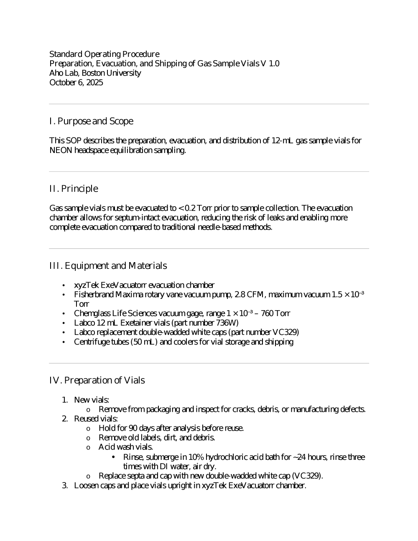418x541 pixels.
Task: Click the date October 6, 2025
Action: click(x=76, y=82)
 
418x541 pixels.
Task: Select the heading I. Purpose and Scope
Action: click(x=91, y=121)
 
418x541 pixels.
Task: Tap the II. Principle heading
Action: click(x=74, y=189)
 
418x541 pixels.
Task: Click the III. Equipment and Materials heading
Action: click(x=108, y=266)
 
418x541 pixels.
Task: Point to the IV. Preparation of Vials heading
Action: click(x=97, y=380)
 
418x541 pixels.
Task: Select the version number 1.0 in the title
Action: click(x=274, y=64)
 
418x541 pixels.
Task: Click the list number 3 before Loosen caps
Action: click(x=65, y=485)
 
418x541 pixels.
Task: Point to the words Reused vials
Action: click(x=96, y=419)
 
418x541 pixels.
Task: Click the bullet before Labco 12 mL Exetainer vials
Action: click(x=63, y=323)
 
